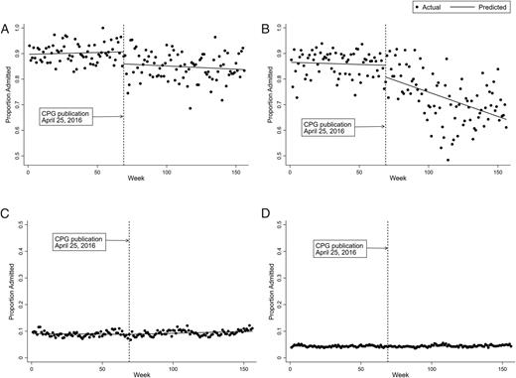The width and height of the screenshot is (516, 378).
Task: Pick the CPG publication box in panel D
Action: [x=340, y=248]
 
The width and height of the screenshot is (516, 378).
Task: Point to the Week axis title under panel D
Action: [x=396, y=374]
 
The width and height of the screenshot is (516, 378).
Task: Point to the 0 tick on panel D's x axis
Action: [x=289, y=362]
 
